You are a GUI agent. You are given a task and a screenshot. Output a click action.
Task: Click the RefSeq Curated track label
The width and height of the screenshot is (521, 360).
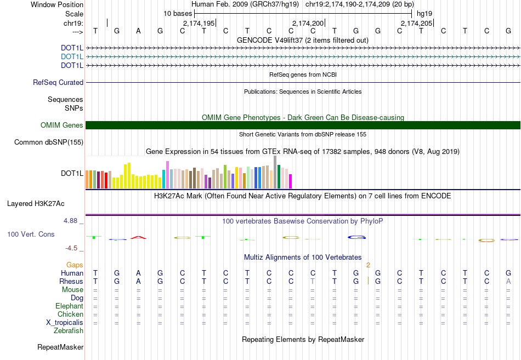pyautogui.click(x=58, y=83)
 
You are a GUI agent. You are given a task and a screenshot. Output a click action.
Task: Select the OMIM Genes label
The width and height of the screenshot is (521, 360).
pyautogui.click(x=62, y=125)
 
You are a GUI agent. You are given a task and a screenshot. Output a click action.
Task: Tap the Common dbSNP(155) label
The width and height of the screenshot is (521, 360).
pyautogui.click(x=49, y=142)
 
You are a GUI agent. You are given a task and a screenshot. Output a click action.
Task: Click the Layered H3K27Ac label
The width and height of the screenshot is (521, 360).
pyautogui.click(x=36, y=204)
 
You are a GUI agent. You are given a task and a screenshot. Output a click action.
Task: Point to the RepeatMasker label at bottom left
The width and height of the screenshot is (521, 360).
pyautogui.click(x=60, y=347)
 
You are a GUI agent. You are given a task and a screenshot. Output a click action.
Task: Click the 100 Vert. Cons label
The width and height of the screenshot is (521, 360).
pyautogui.click(x=31, y=235)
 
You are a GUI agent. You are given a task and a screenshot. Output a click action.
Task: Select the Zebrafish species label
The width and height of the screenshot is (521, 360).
pyautogui.click(x=69, y=331)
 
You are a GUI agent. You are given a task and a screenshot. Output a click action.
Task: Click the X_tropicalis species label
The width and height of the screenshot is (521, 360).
pyautogui.click(x=65, y=323)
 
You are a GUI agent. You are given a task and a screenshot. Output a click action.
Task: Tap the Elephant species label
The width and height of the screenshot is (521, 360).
pyautogui.click(x=69, y=306)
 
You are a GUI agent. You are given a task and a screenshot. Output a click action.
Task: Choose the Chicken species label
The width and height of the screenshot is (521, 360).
pyautogui.click(x=70, y=315)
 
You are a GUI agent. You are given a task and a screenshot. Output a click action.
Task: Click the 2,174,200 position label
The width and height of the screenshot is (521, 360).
pyautogui.click(x=308, y=23)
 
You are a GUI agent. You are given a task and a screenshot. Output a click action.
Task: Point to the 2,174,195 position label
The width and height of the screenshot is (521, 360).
pyautogui.click(x=199, y=23)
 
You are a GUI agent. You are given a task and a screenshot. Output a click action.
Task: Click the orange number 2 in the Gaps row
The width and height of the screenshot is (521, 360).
pyautogui.click(x=369, y=265)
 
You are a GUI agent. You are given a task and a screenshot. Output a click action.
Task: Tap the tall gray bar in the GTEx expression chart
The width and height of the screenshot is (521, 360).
pyautogui.click(x=275, y=172)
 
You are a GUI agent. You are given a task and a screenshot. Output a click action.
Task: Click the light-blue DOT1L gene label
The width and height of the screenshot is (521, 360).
pyautogui.click(x=72, y=56)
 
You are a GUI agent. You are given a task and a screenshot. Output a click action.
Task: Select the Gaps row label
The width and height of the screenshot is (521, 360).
pyautogui.click(x=75, y=265)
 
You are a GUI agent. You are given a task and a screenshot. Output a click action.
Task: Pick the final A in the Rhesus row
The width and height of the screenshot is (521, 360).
pyautogui.click(x=509, y=282)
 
